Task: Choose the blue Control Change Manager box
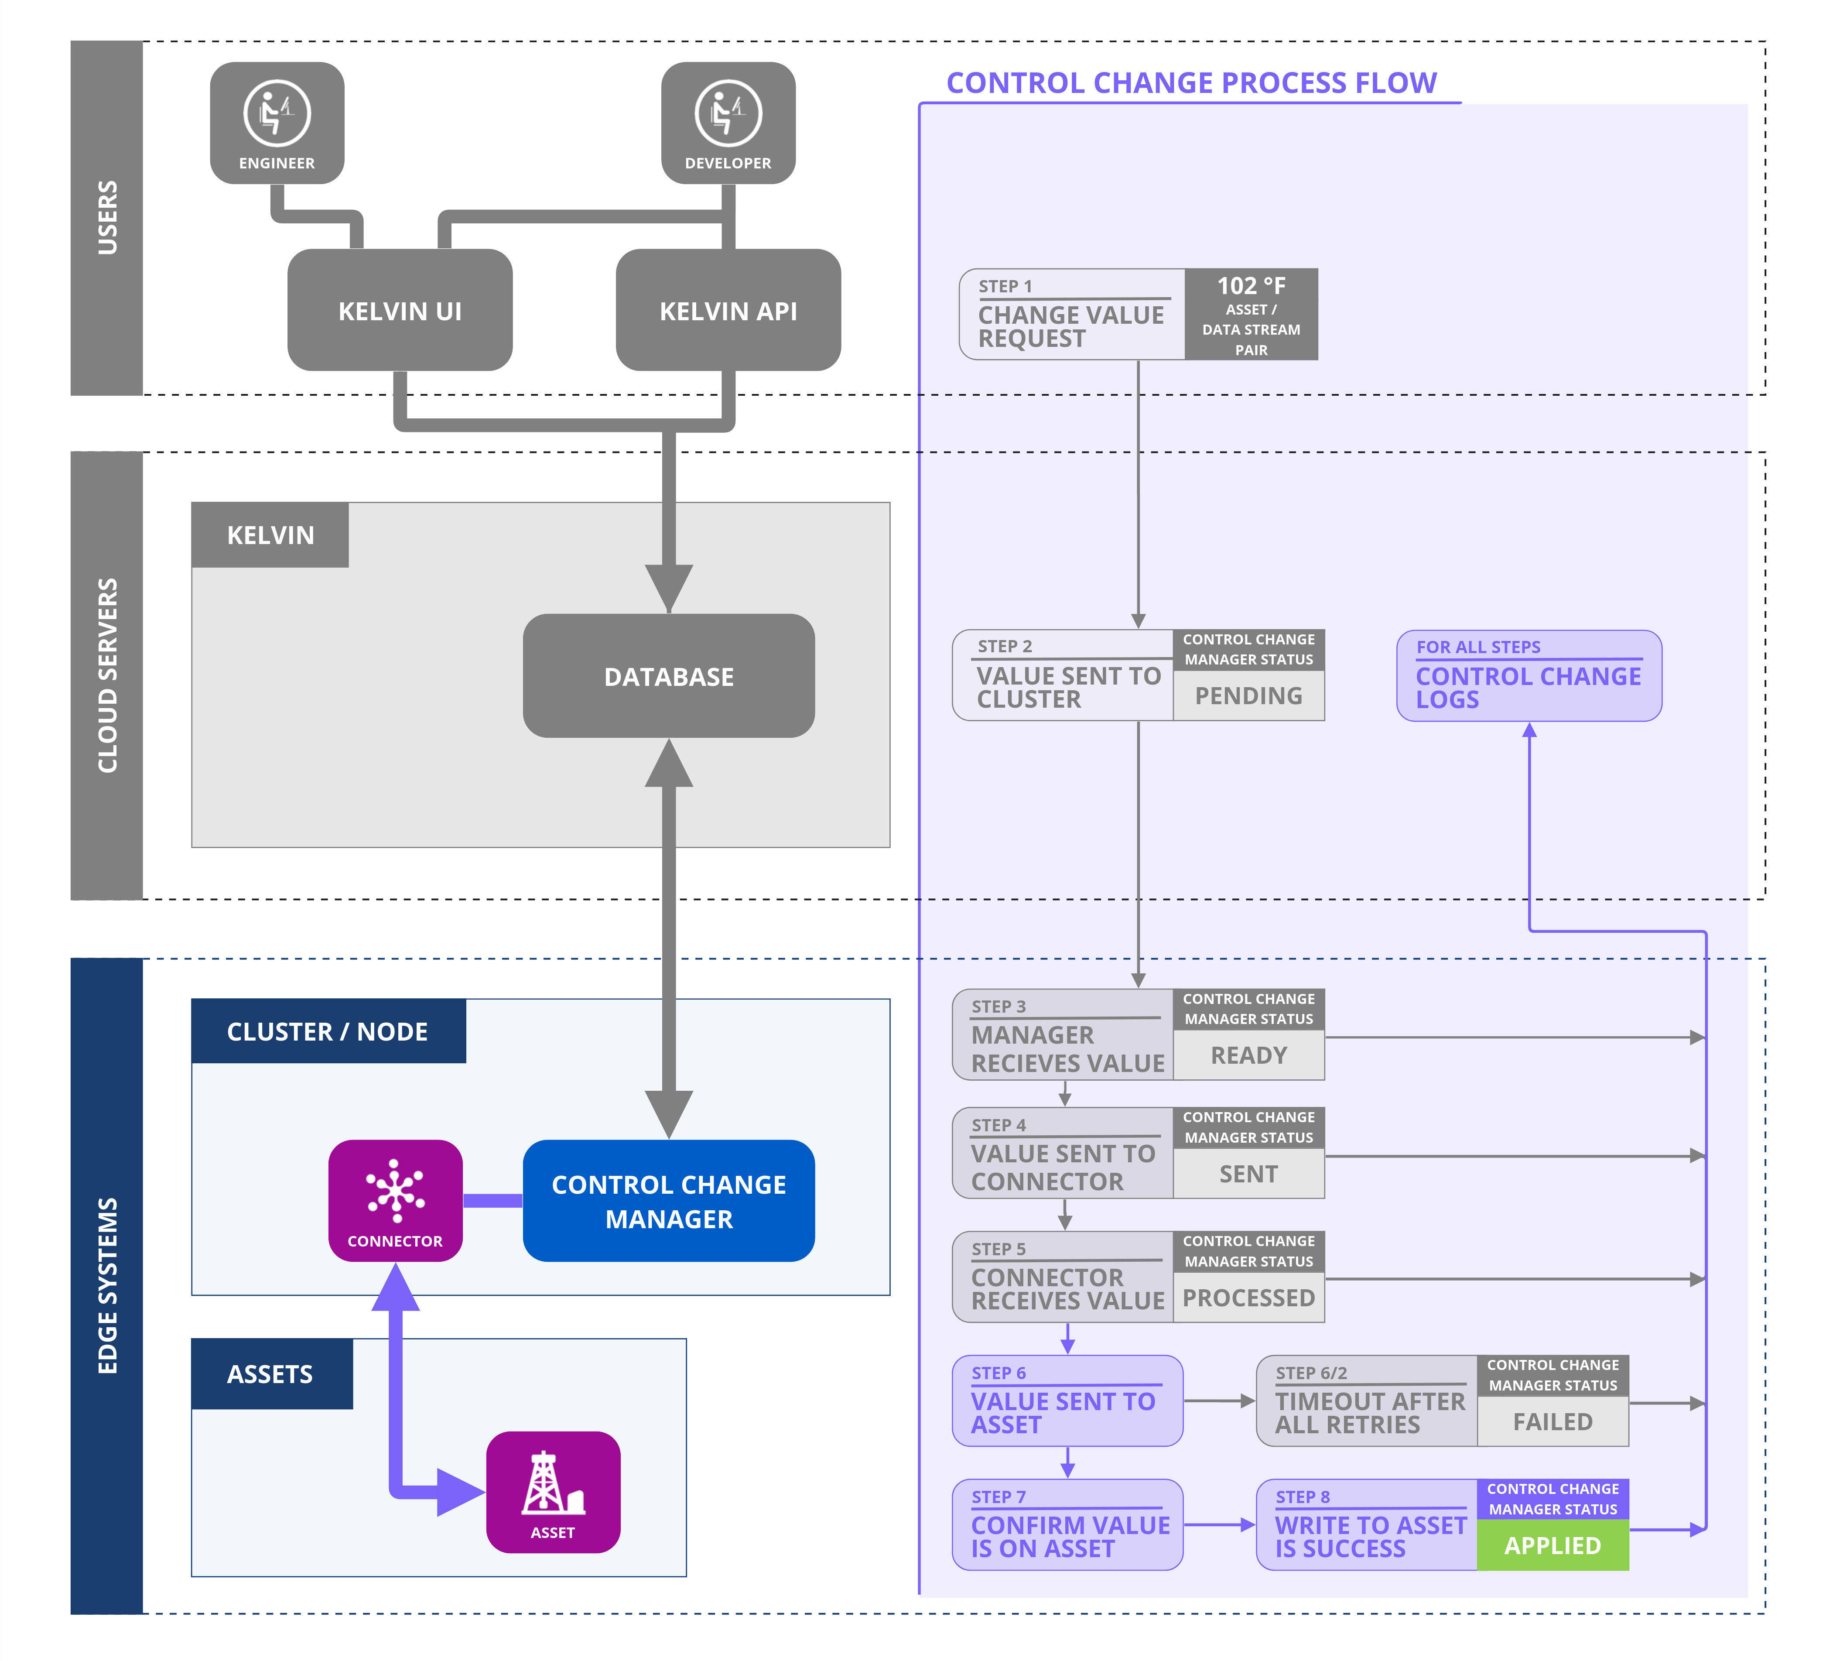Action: pos(668,1201)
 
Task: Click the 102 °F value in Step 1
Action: pos(1251,286)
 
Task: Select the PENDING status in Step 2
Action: pos(1248,696)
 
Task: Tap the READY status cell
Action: pos(1248,1055)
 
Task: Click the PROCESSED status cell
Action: pos(1248,1298)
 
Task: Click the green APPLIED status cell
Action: pos(1552,1545)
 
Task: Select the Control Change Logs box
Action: pos(1529,676)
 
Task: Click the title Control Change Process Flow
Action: pos(1191,83)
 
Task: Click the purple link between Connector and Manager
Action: pos(493,1201)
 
